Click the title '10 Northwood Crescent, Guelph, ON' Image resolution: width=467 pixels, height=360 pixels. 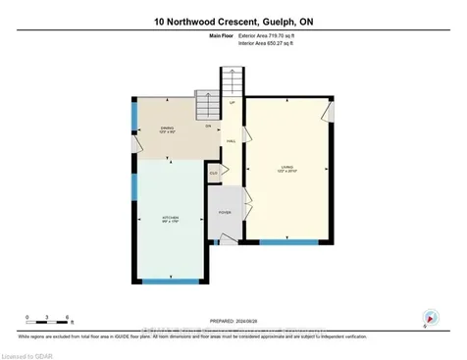click(233, 20)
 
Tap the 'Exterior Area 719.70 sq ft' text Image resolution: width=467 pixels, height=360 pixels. click(267, 35)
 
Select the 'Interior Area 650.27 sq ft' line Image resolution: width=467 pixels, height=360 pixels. click(267, 43)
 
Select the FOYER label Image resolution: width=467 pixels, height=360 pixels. click(225, 212)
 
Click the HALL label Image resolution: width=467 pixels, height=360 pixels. click(232, 141)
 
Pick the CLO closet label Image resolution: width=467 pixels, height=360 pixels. click(212, 173)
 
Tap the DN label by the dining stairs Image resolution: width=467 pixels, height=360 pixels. click(207, 127)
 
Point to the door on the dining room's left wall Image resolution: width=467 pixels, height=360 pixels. click(137, 145)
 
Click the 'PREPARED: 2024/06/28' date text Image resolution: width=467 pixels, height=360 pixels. click(233, 321)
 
